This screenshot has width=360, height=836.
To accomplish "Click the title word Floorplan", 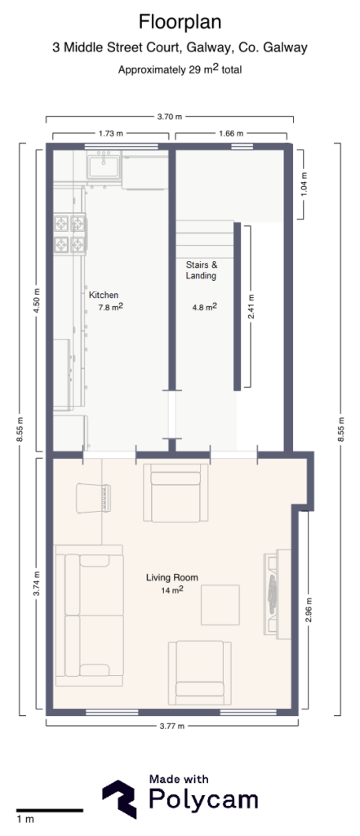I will coord(180,21).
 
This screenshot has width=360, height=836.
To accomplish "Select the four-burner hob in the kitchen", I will coord(70,233).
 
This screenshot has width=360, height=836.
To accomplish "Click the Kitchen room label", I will coord(104,295).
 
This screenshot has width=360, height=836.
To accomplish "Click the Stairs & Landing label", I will coord(201,270).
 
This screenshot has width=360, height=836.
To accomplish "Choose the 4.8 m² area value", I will coord(204,308).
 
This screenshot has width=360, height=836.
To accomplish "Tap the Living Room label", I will coord(172,577).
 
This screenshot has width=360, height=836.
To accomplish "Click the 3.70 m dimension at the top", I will coord(168,118).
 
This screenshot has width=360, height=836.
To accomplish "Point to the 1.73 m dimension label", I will coord(110,133).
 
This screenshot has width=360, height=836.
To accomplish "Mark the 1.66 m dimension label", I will coord(233,133).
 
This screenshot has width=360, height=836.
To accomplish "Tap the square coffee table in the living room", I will coord(221,605).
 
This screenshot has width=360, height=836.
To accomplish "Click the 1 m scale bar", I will coord(49,811).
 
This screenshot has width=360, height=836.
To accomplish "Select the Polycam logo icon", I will coord(119,798).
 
